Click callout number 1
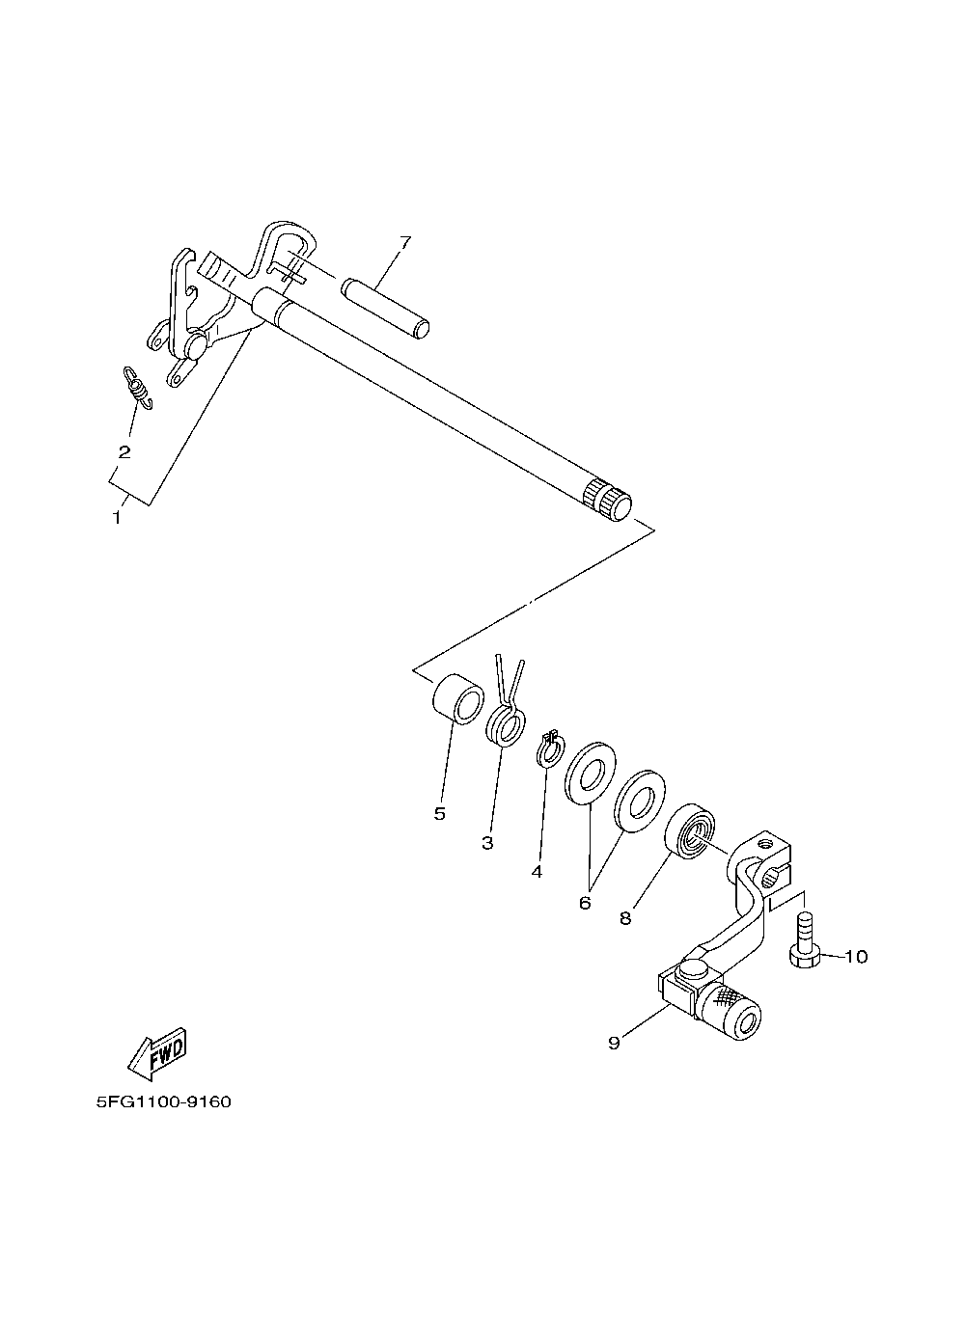pos(117,517)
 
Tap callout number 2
pos(124,451)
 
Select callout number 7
pos(404,242)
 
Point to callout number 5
pos(439,813)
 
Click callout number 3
pos(487,843)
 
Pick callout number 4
pos(537,871)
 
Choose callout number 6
pos(584,903)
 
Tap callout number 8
pos(625,918)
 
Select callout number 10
pos(856,957)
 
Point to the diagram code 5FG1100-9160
pos(164,1102)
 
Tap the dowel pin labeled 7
pos(385,308)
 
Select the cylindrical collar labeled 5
pos(455,698)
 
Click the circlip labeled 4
pos(548,748)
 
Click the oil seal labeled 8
pos(693,829)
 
